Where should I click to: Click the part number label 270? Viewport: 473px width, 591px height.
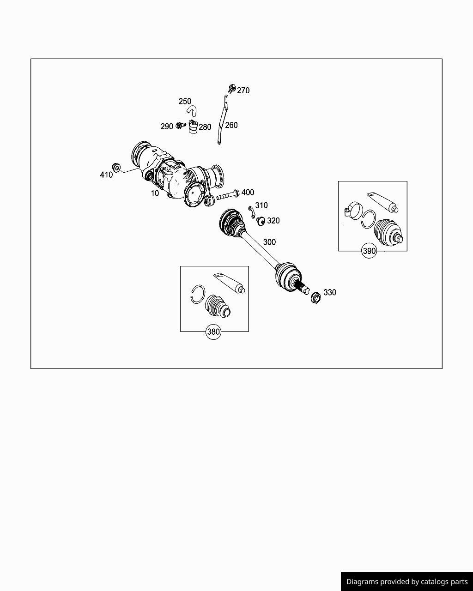tap(243, 90)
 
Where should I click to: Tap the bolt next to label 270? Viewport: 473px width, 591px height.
tap(232, 87)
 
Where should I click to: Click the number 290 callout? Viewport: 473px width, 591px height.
tap(166, 127)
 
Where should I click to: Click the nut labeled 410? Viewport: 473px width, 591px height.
tap(117, 167)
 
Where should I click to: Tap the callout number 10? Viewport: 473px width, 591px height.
tap(155, 193)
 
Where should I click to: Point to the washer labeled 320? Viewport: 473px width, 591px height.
tap(261, 221)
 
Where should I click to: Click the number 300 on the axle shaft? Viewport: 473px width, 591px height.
tap(269, 242)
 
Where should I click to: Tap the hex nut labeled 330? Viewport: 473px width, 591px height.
tap(315, 297)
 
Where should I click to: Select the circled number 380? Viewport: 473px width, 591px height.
tap(213, 332)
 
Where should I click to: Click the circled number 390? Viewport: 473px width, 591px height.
tap(369, 251)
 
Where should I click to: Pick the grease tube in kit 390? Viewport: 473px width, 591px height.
tap(382, 202)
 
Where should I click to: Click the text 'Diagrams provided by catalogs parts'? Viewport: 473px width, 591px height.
tap(407, 582)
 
